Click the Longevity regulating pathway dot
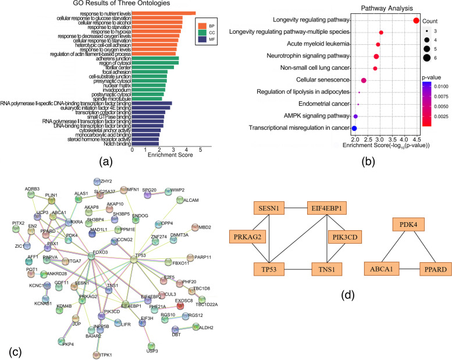(x=417, y=21)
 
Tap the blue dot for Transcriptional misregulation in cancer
(x=354, y=127)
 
